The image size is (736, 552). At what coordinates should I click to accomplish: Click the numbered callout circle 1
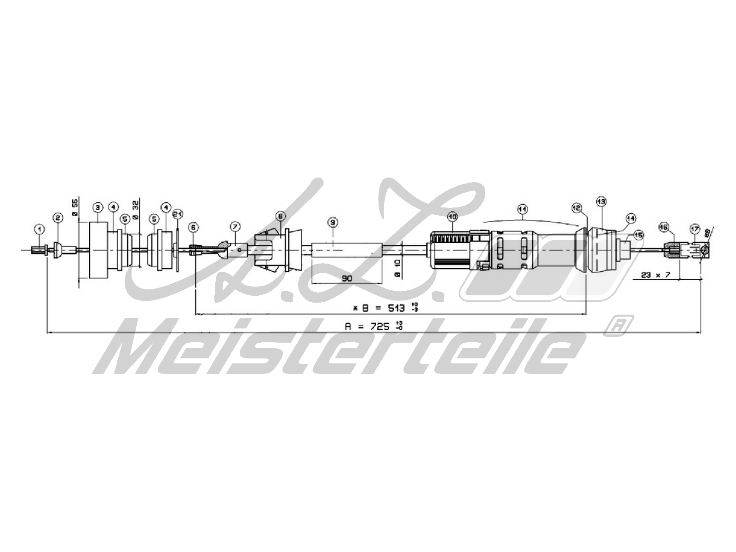pyautogui.click(x=40, y=228)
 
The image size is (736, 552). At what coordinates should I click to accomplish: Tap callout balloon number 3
pyautogui.click(x=97, y=207)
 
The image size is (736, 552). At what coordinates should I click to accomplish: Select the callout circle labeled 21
pyautogui.click(x=178, y=213)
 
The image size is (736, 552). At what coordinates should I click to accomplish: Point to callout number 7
pyautogui.click(x=235, y=226)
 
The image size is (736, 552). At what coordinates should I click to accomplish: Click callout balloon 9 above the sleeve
pyautogui.click(x=333, y=222)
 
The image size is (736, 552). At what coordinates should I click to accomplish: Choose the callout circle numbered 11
pyautogui.click(x=521, y=209)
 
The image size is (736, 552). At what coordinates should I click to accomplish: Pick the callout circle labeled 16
pyautogui.click(x=663, y=227)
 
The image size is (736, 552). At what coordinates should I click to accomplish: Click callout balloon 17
pyautogui.click(x=694, y=228)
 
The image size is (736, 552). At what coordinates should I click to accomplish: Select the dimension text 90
pyautogui.click(x=346, y=277)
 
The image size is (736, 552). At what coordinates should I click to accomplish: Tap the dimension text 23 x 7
pyautogui.click(x=655, y=275)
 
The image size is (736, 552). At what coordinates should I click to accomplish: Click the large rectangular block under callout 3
pyautogui.click(x=97, y=250)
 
